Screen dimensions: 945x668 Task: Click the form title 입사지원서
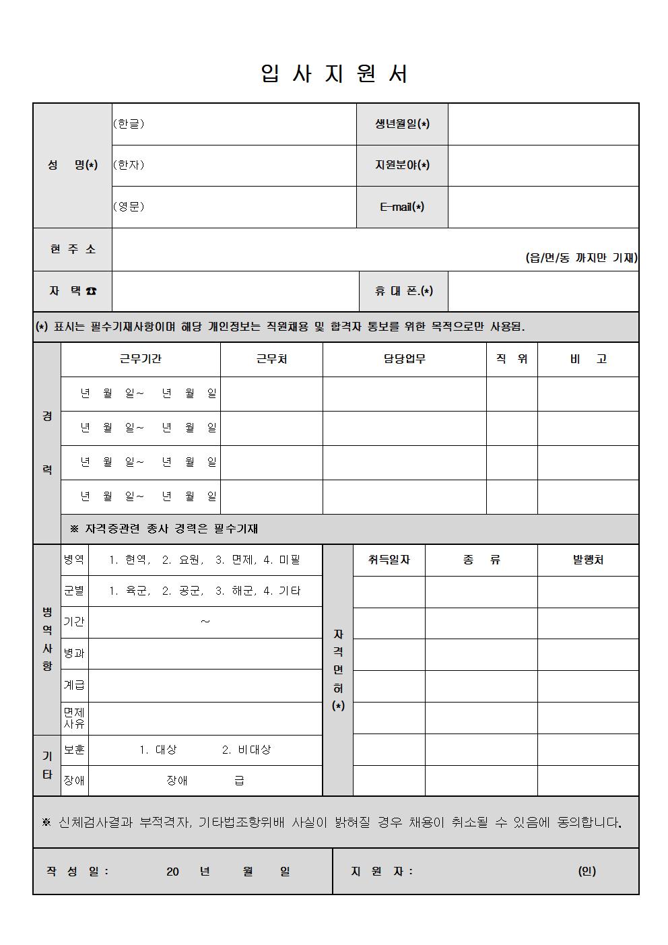[x=334, y=73]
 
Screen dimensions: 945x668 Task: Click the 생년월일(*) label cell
[x=402, y=124]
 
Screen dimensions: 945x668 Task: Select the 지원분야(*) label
[x=402, y=165]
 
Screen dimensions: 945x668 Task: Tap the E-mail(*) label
[x=402, y=207]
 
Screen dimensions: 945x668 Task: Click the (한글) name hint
[x=129, y=124]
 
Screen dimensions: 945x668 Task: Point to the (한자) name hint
[x=129, y=165]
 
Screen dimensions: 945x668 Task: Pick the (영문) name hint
[x=129, y=207]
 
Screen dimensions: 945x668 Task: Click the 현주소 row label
[x=73, y=249]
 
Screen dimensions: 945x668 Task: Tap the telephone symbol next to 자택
[x=91, y=291]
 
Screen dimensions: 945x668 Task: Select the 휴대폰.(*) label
[x=403, y=291]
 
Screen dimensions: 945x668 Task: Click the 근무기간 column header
[x=140, y=359]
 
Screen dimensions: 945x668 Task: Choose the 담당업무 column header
[x=404, y=359]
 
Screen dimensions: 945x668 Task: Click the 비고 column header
[x=588, y=359]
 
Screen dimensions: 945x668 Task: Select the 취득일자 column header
[x=389, y=560]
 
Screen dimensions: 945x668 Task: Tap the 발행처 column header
[x=588, y=560]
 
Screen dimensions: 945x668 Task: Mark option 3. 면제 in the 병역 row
[x=234, y=560]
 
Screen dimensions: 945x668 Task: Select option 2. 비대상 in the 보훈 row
[x=246, y=750]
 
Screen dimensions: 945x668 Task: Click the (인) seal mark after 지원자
[x=587, y=871]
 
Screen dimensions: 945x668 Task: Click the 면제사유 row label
[x=74, y=718]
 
